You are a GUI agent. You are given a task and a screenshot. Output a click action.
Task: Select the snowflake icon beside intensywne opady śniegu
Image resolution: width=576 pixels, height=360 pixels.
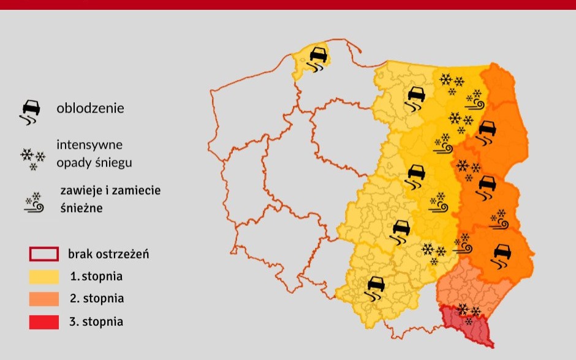[32, 157]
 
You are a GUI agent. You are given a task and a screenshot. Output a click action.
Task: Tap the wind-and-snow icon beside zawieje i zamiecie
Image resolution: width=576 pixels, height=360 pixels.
[34, 203]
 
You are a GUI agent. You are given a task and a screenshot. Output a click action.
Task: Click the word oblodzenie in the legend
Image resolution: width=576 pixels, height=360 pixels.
[90, 109]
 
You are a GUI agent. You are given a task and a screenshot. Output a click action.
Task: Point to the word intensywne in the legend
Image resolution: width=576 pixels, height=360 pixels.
[89, 146]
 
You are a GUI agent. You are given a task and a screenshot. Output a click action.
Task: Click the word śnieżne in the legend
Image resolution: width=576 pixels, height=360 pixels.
[81, 208]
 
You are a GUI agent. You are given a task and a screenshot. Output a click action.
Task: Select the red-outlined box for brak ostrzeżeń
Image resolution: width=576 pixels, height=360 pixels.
[44, 254]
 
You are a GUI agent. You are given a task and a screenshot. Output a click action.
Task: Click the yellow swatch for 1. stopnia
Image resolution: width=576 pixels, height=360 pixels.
[44, 276]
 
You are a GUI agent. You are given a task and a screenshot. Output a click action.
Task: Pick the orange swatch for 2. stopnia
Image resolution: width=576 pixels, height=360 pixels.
[44, 299]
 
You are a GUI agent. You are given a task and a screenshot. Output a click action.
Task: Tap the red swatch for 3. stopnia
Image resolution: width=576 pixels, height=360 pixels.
[44, 321]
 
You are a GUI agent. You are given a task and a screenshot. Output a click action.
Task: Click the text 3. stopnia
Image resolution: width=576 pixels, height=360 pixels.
[96, 321]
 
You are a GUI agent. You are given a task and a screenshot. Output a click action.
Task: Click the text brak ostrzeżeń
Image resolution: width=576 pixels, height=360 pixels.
[108, 254]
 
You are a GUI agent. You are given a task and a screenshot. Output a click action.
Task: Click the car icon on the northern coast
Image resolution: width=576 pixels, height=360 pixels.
[317, 58]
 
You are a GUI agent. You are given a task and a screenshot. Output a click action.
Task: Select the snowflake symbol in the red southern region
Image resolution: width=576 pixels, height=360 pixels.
[469, 313]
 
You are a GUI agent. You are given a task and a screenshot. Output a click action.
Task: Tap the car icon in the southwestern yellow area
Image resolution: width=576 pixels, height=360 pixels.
[375, 287]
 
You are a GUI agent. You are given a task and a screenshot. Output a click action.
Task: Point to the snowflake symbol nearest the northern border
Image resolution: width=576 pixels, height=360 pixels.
[452, 83]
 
